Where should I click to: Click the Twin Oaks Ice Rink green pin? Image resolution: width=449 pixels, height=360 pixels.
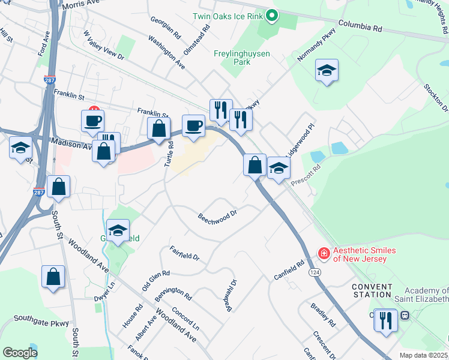(x=271, y=16)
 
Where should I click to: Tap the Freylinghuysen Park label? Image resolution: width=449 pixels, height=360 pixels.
(x=242, y=58)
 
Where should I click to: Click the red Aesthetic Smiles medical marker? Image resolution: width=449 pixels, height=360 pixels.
(x=324, y=254)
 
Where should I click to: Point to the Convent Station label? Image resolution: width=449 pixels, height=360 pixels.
(x=372, y=290)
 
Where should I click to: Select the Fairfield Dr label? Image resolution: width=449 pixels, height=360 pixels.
(x=184, y=252)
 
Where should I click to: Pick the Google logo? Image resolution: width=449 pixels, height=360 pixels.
(x=20, y=353)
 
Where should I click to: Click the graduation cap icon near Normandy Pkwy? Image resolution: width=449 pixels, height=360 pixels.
(x=327, y=70)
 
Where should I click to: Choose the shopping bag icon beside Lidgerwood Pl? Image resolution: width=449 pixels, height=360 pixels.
(x=255, y=164)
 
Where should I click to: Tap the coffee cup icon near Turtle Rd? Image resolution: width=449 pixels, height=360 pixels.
(x=193, y=125)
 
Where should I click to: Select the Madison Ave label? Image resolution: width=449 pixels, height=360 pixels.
(x=70, y=144)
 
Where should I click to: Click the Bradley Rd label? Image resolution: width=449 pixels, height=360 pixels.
(x=322, y=315)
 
